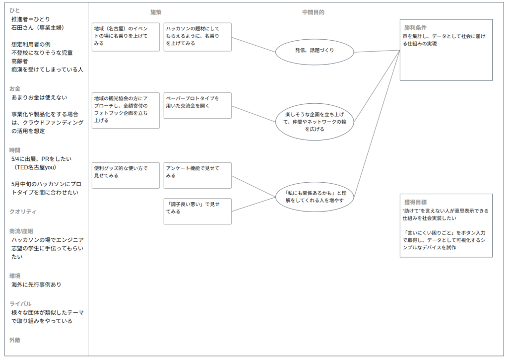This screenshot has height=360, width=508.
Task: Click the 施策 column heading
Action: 156,12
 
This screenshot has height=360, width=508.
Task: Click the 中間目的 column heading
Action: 313,12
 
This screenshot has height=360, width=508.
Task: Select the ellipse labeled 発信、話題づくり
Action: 314,51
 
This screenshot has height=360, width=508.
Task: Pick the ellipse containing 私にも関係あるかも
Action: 314,197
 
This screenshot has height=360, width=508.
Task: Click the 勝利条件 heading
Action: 415,28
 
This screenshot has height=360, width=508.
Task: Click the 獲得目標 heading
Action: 415,203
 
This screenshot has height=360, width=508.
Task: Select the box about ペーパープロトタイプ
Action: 197,105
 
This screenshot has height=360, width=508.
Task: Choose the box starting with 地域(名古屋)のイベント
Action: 126,36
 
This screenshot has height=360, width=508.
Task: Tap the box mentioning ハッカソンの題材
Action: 197,36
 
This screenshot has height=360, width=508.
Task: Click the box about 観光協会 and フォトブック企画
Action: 126,110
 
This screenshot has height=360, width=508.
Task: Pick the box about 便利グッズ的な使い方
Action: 126,175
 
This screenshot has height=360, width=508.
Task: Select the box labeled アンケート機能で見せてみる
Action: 197,175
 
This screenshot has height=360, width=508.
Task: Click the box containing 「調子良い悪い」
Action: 197,211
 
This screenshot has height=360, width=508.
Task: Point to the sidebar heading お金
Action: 15,88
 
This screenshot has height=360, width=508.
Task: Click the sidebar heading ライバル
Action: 20,303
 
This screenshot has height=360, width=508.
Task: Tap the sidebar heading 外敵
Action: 15,340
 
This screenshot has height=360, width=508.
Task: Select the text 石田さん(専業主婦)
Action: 38,28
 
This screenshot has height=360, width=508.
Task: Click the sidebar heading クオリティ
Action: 23,212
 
